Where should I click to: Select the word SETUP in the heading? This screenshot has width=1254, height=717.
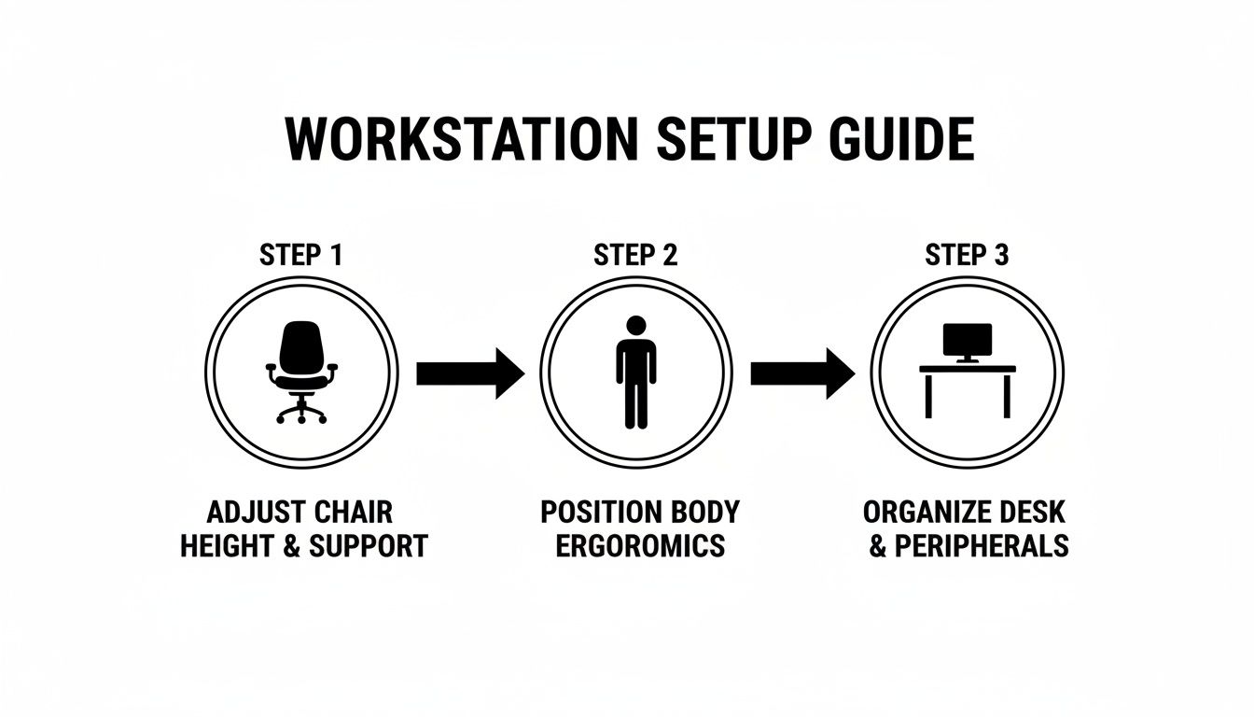727,140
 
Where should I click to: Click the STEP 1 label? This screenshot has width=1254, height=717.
301,255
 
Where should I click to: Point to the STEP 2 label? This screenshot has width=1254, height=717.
635,255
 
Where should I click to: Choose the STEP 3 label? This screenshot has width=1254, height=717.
967,255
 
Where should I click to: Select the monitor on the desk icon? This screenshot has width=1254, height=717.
967,342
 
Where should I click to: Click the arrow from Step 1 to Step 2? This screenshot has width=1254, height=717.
469,373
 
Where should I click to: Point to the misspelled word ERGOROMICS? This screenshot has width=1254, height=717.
640,546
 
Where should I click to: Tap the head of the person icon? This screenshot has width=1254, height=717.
635,326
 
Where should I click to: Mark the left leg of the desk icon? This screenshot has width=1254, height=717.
928,396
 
